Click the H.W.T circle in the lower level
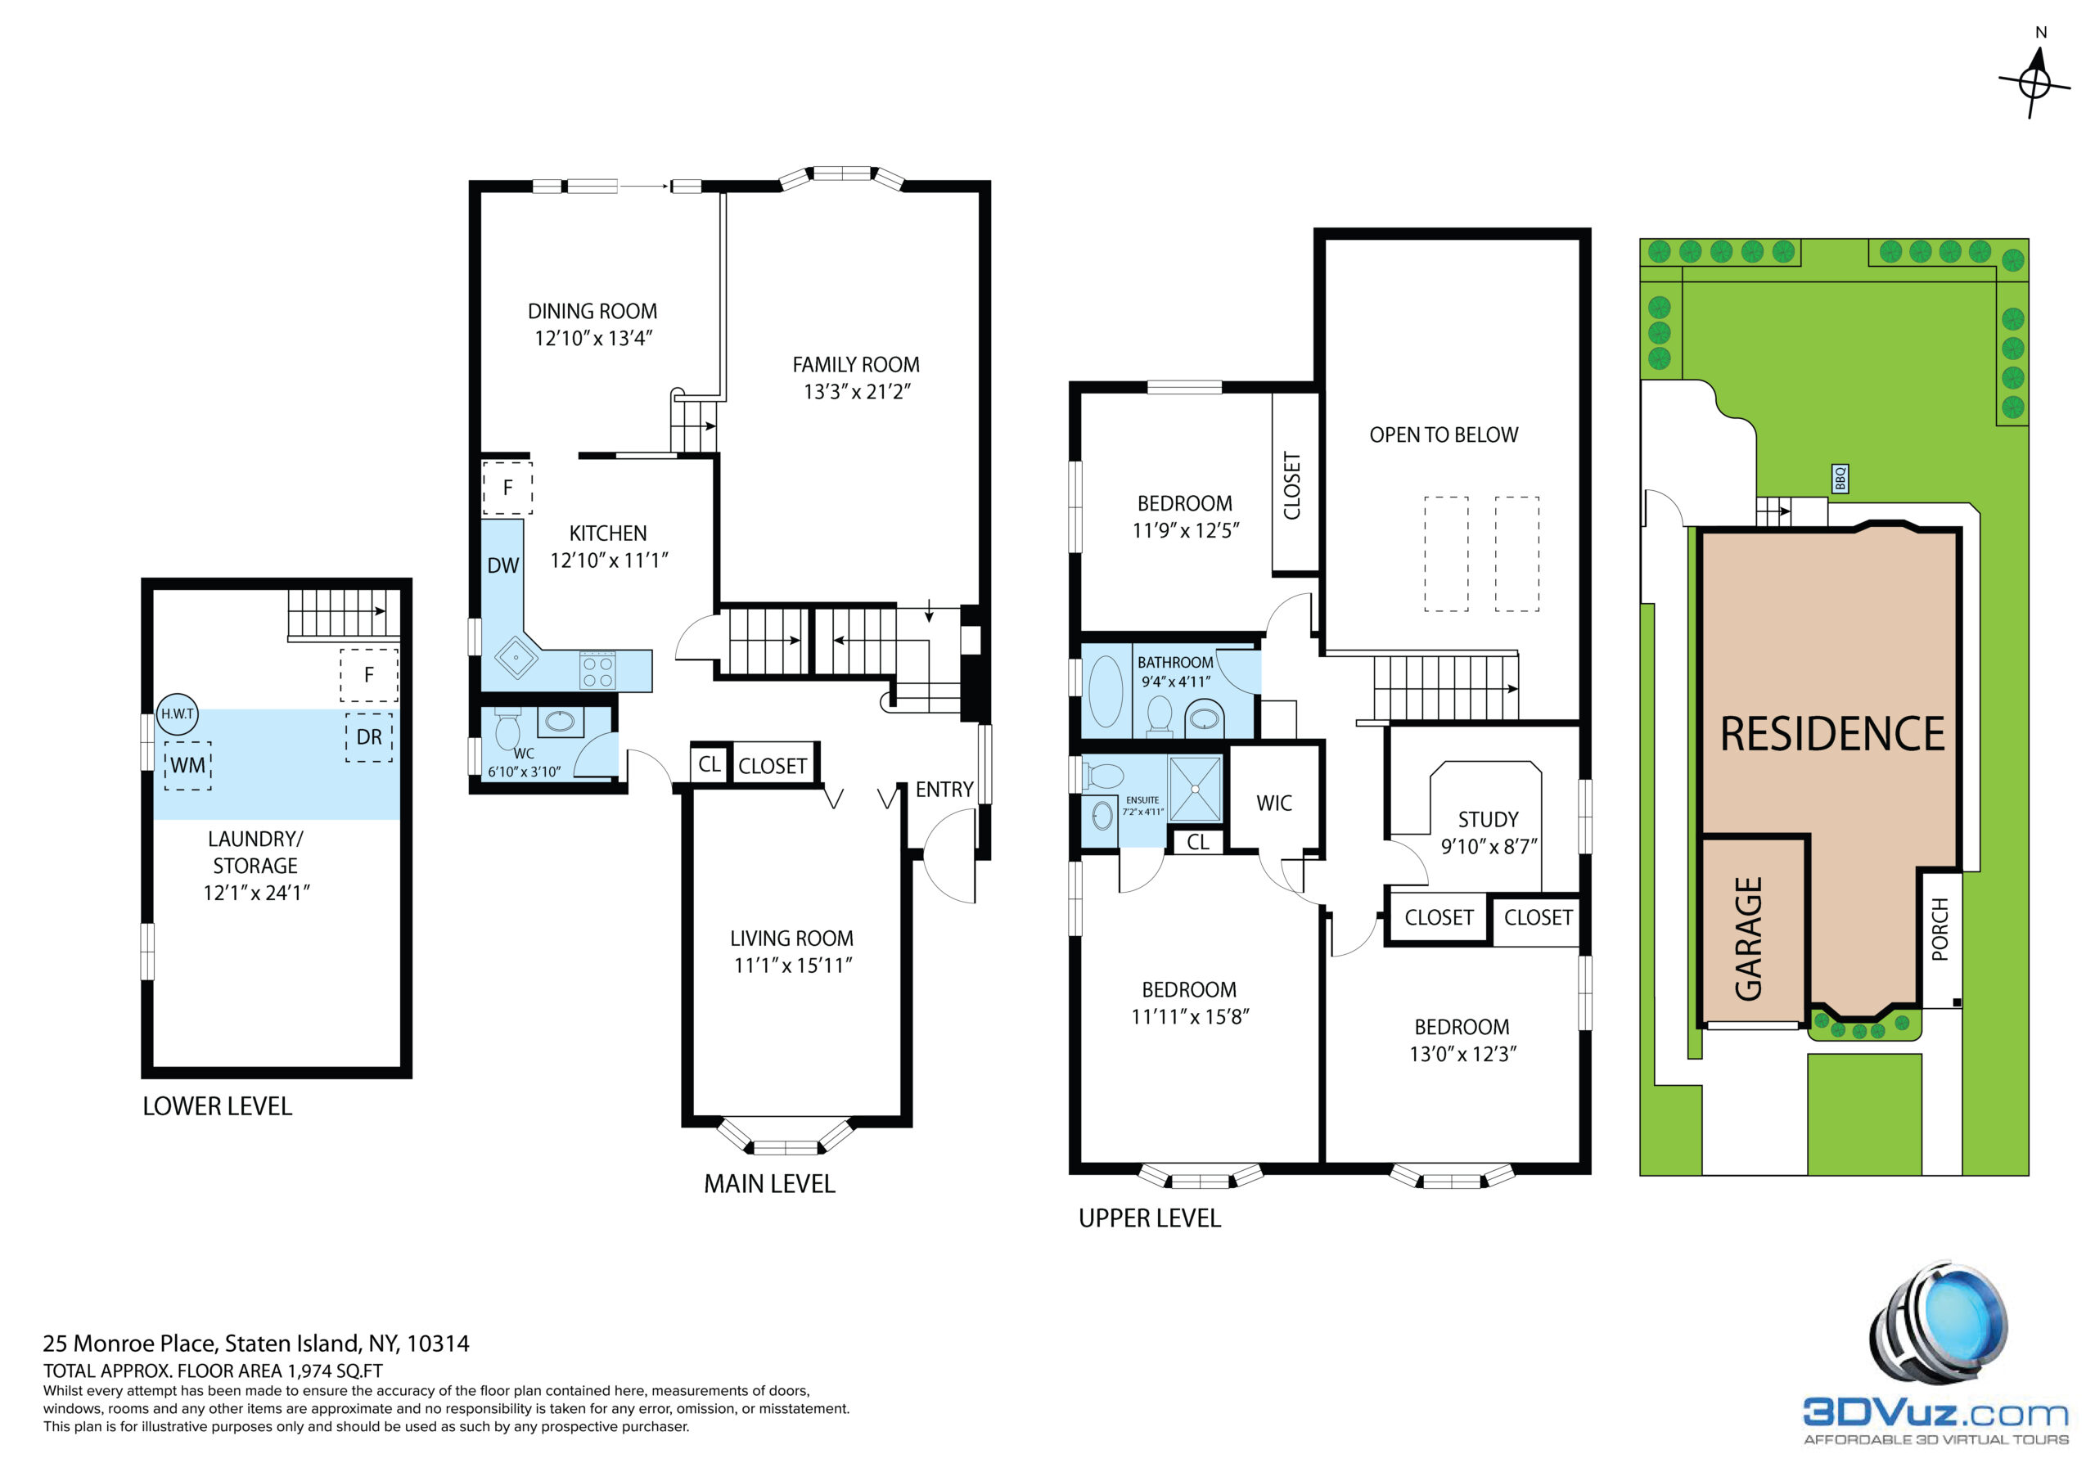pyautogui.click(x=177, y=713)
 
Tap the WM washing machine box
pyautogui.click(x=188, y=766)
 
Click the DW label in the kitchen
pyautogui.click(x=502, y=565)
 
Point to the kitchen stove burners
pyautogui.click(x=597, y=671)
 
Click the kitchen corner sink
pyautogui.click(x=516, y=657)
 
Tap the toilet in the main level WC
pyautogui.click(x=507, y=731)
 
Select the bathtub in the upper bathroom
pyautogui.click(x=1106, y=691)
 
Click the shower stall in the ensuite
pyautogui.click(x=1196, y=790)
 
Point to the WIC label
pyautogui.click(x=1274, y=803)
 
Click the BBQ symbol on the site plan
pyautogui.click(x=1840, y=478)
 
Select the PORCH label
pyautogui.click(x=1940, y=929)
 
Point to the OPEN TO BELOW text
pyautogui.click(x=1444, y=435)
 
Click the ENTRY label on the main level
pyautogui.click(x=944, y=790)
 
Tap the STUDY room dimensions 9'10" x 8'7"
pyautogui.click(x=1489, y=847)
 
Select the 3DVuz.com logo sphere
pyautogui.click(x=1944, y=1331)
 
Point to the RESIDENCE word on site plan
pyautogui.click(x=1832, y=734)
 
